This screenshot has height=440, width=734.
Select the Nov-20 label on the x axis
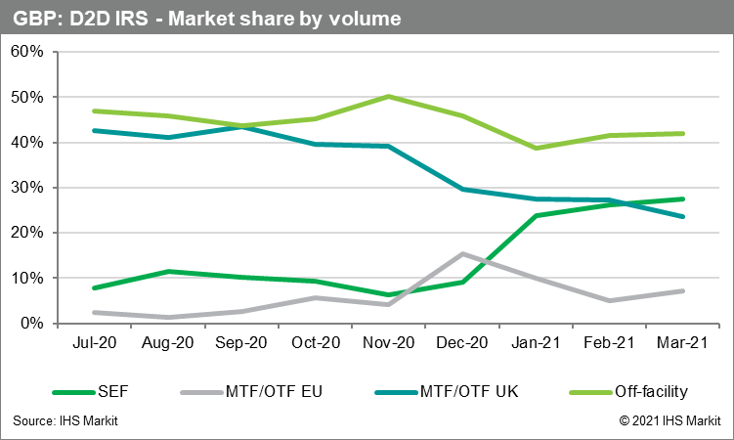point(388,344)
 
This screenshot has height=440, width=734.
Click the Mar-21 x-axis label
point(683,344)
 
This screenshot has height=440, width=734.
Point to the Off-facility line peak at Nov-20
point(388,96)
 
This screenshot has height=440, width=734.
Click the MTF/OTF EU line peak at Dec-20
point(462,254)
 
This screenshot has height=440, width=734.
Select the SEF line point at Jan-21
point(536,215)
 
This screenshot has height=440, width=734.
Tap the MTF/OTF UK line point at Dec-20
point(462,189)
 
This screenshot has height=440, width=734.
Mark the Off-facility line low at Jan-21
point(536,148)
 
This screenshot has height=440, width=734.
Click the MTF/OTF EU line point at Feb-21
point(610,300)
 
